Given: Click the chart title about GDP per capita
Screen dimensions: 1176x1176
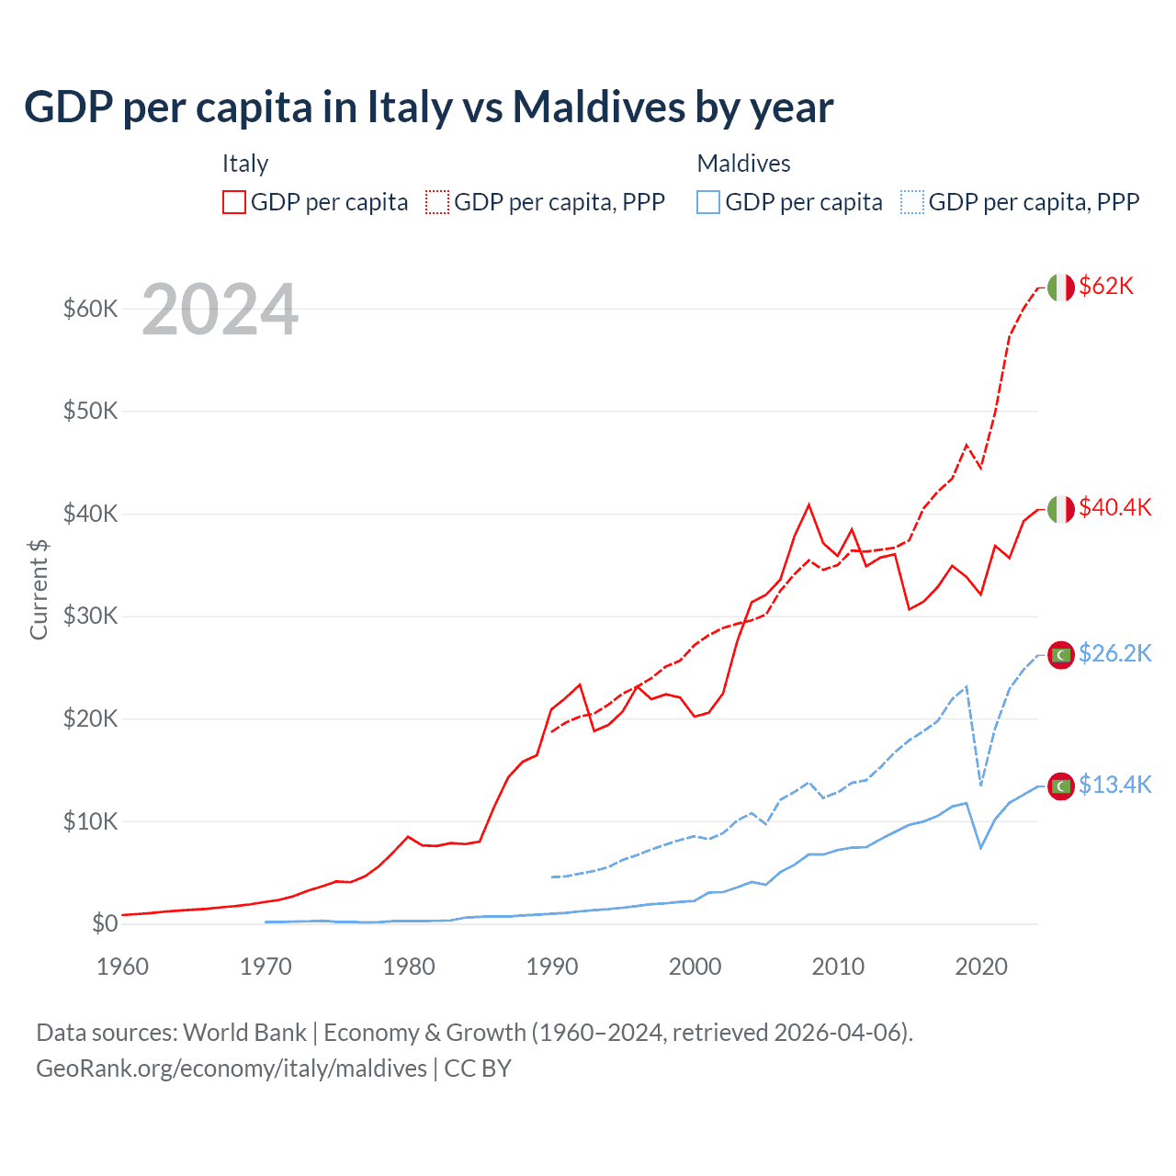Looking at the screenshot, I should (428, 107).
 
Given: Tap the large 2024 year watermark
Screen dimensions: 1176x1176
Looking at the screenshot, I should (220, 311).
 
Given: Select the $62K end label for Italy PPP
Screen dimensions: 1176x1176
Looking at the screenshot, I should (1106, 287).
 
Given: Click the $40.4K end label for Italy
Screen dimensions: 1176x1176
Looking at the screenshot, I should (1114, 508).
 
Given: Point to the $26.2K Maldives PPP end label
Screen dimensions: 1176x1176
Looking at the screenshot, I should (1114, 654).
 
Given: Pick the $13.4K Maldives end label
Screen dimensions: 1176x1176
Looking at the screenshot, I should (1114, 786).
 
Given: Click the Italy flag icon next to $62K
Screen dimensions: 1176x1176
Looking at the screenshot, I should (1060, 288).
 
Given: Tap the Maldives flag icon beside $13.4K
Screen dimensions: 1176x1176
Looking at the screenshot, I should (1060, 786).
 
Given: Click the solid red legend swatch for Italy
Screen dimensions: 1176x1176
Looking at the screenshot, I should (234, 202).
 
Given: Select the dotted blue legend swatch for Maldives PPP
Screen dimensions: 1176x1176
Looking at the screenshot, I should (912, 202).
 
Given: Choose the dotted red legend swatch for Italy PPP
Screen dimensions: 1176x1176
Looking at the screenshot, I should (437, 202).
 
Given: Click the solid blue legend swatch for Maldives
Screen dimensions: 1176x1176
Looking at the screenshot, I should (708, 202).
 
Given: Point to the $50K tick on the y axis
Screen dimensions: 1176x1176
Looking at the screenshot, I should (90, 411).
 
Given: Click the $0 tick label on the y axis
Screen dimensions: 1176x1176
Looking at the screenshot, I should (105, 923).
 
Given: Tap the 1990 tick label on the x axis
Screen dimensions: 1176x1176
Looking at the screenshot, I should (551, 967).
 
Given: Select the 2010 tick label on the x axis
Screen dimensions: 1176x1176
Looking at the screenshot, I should (838, 967).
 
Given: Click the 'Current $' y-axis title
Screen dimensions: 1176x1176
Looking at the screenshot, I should (39, 589).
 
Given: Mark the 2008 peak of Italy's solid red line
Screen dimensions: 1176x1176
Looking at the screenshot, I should (808, 504).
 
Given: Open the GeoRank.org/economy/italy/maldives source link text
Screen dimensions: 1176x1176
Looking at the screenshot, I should (232, 1069).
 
